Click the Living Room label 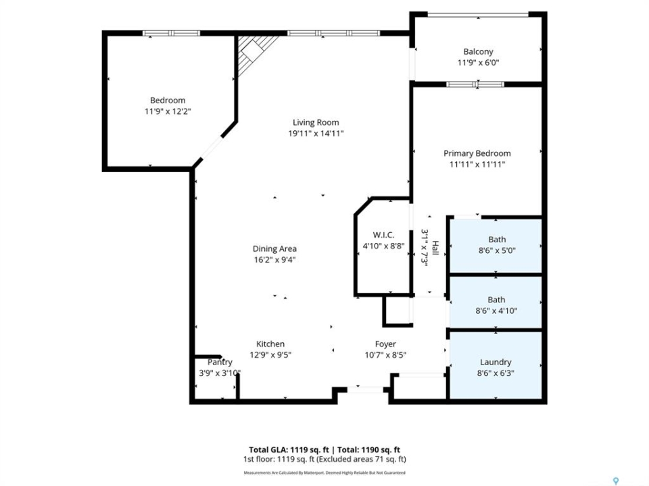click(316, 122)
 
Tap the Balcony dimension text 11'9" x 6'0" click(478, 63)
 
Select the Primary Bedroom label click(477, 153)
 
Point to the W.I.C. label click(383, 235)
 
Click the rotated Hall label click(435, 248)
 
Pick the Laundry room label click(496, 362)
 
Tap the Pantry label click(220, 362)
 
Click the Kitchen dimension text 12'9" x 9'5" click(270, 355)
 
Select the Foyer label click(385, 344)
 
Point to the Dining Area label click(274, 249)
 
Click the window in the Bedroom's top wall click(171, 33)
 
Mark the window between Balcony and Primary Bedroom click(475, 84)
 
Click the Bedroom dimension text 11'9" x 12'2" click(168, 111)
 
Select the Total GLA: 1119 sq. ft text click(289, 450)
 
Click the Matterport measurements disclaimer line click(324, 473)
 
